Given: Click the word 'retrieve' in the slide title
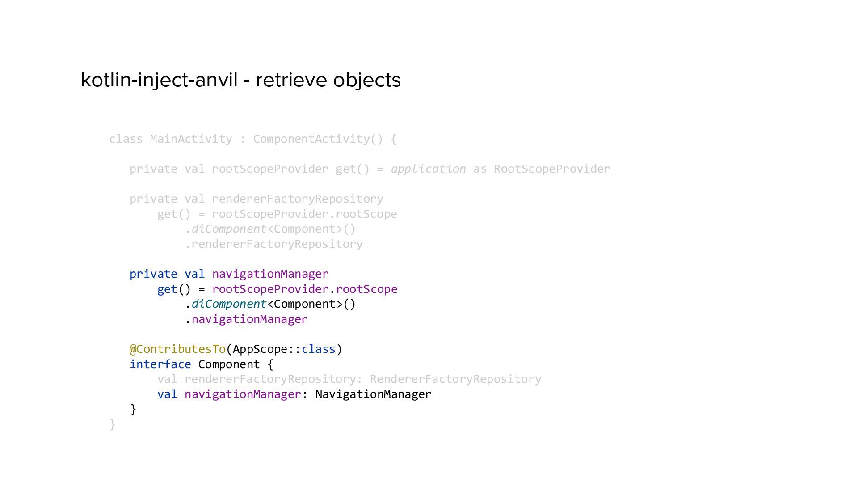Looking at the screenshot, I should pos(291,80).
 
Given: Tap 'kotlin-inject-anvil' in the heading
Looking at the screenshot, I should pos(159,80).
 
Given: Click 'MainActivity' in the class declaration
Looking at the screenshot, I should pos(191,139).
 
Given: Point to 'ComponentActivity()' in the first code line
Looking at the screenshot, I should pos(318,139).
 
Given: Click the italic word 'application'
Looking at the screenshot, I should pos(428,169).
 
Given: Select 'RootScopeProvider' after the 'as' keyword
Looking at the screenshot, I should pos(551,169).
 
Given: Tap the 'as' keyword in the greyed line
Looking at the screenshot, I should pos(479,169).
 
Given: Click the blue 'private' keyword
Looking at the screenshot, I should pos(153,274).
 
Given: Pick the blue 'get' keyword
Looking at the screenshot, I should pos(167,289).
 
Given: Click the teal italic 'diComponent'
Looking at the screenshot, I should pos(229,304).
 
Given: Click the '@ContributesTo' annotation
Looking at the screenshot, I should pos(177,349).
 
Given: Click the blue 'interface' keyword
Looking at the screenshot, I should pos(160,364).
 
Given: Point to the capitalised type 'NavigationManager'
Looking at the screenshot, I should pos(373,394).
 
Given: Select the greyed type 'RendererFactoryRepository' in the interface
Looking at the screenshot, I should pos(455,379).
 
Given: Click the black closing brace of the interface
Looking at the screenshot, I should pos(133,409).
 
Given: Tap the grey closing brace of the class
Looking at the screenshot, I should pos(112,424).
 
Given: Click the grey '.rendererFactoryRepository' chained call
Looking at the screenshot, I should pos(273,244).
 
